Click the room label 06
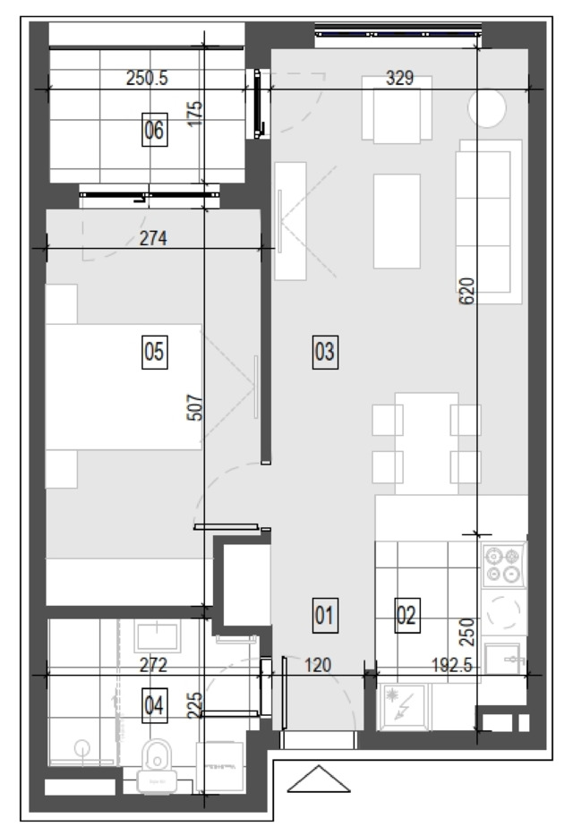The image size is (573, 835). click(x=154, y=130)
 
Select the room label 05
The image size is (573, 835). click(x=154, y=352)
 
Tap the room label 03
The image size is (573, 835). click(x=325, y=352)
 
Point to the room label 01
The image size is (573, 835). click(x=325, y=615)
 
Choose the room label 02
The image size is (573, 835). click(x=406, y=615)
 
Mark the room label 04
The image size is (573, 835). click(x=154, y=705)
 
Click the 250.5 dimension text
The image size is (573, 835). click(x=147, y=78)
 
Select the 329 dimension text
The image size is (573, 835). click(x=400, y=78)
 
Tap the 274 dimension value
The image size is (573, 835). click(x=153, y=238)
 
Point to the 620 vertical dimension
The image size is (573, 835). click(x=466, y=291)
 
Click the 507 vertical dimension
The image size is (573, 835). click(x=195, y=407)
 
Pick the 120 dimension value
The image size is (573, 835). click(x=318, y=665)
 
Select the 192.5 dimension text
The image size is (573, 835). click(x=451, y=665)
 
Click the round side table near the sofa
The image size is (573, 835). click(x=487, y=107)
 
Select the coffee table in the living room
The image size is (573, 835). click(x=397, y=221)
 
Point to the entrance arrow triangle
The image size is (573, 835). click(x=319, y=779)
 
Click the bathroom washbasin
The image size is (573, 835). click(x=157, y=635)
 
